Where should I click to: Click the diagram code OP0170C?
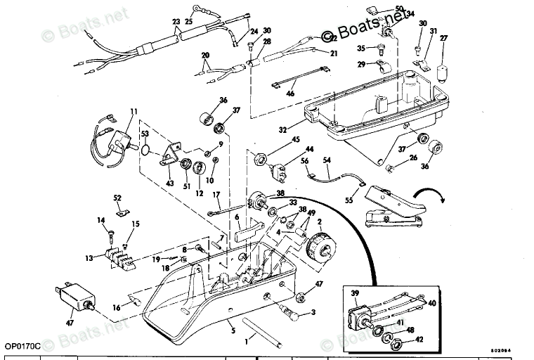[x=21, y=346]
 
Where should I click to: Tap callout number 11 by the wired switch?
[x=133, y=110]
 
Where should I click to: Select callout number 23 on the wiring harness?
[x=176, y=22]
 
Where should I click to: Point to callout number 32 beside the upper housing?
[x=283, y=130]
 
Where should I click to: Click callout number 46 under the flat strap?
[x=289, y=93]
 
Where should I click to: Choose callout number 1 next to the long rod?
[x=245, y=341]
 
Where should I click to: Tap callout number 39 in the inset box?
[x=354, y=293]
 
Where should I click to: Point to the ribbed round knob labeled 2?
[x=320, y=249]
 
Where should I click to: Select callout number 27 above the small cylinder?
[x=443, y=38]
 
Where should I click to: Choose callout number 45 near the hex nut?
[x=296, y=140]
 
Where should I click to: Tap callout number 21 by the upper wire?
[x=334, y=53]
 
